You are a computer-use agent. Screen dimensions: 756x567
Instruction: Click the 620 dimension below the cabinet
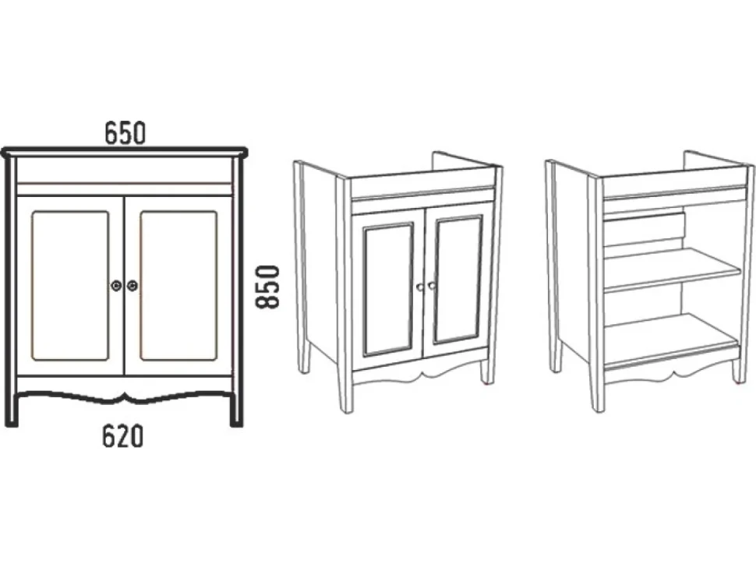click(122, 436)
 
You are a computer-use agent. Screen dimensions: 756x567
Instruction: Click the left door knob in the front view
click(115, 285)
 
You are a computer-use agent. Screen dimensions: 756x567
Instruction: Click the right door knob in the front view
click(132, 285)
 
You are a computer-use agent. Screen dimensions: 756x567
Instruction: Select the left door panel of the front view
click(70, 285)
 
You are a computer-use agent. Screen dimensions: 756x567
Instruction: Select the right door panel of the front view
click(178, 285)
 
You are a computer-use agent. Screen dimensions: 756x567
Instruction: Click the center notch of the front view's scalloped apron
click(125, 395)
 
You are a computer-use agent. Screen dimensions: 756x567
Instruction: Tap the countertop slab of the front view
click(125, 151)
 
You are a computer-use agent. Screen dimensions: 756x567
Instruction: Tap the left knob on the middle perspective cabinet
click(420, 287)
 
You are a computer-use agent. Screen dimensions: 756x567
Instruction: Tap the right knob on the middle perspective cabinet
click(430, 285)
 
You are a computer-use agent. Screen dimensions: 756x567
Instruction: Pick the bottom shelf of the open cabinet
click(671, 340)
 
